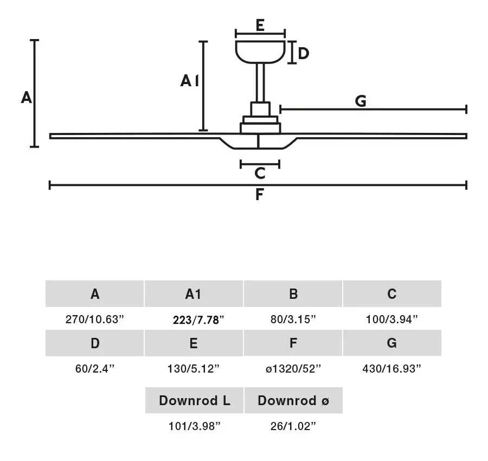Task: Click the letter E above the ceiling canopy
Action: pos(260,25)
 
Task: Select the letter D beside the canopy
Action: pos(303,53)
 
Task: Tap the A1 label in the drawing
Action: pos(189,81)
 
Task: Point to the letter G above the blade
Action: pos(361,101)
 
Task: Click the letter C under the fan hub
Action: pos(260,174)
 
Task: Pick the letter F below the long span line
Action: pos(260,195)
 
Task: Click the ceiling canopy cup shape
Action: pos(260,52)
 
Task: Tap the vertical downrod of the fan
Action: pos(260,83)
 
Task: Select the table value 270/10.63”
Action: pos(94,319)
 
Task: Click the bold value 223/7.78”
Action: pos(198,320)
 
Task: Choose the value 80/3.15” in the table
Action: pos(293,319)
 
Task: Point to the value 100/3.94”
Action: pos(392,319)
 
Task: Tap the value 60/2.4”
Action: pos(95,369)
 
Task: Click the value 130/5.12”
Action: pos(194,369)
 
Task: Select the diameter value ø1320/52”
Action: pos(293,369)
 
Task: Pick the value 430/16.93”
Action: pos(392,369)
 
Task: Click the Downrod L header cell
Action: pos(194,400)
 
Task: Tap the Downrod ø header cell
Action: pos(293,400)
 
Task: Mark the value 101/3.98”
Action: pos(195,426)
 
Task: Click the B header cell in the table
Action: pos(293,293)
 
